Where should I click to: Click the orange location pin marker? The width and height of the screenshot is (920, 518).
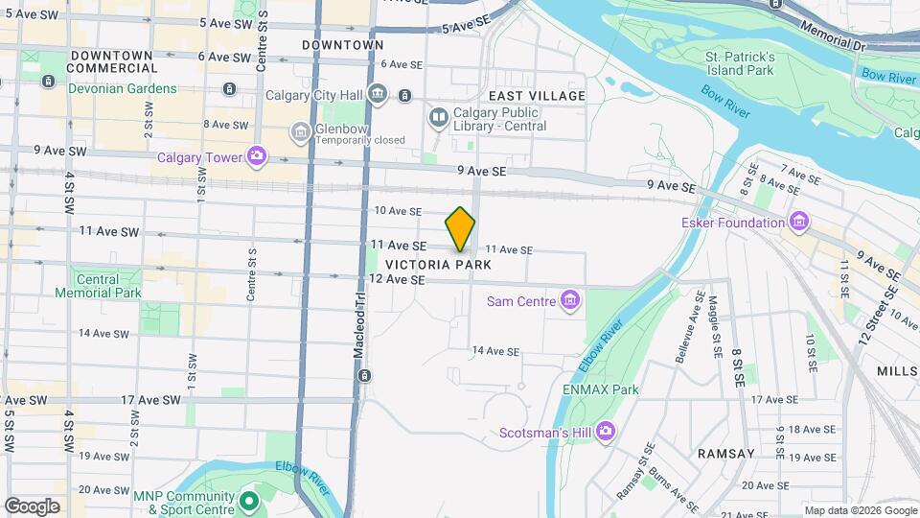pos(461,229)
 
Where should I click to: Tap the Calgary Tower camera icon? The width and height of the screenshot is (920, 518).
pos(256,155)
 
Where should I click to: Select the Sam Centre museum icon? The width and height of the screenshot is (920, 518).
pos(570,301)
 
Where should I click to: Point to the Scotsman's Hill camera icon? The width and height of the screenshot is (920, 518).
pos(605,433)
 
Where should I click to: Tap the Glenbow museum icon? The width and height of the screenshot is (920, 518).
pos(301,130)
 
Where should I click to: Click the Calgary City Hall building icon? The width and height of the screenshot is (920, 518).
pos(378,94)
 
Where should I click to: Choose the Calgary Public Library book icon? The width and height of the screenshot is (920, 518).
pos(439,118)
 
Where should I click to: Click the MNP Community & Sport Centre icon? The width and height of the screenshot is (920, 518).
pos(249,502)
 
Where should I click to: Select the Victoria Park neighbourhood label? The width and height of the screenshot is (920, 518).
pos(438,265)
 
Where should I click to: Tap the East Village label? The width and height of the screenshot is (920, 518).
pos(537,96)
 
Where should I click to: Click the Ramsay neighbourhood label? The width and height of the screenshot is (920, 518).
pos(726,453)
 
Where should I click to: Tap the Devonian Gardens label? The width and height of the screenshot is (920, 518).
pos(123,88)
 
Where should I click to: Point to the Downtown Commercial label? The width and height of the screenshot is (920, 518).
pos(112,62)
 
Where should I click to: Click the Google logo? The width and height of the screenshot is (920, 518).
pos(32,506)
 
